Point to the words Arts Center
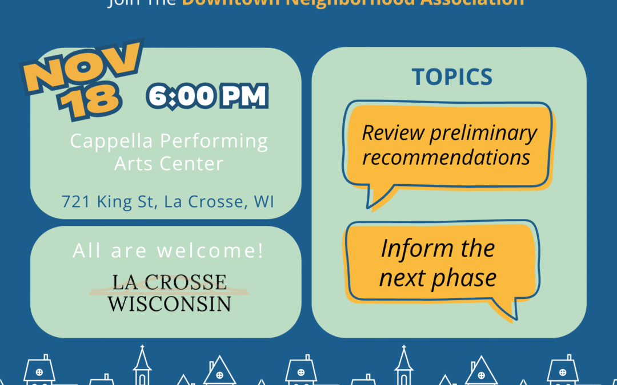click(x=169, y=164)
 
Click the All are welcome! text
click(x=169, y=251)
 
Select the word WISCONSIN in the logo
click(x=169, y=303)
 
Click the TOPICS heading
click(x=452, y=77)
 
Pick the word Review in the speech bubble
click(x=394, y=133)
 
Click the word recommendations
click(x=446, y=157)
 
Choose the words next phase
click(x=438, y=278)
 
